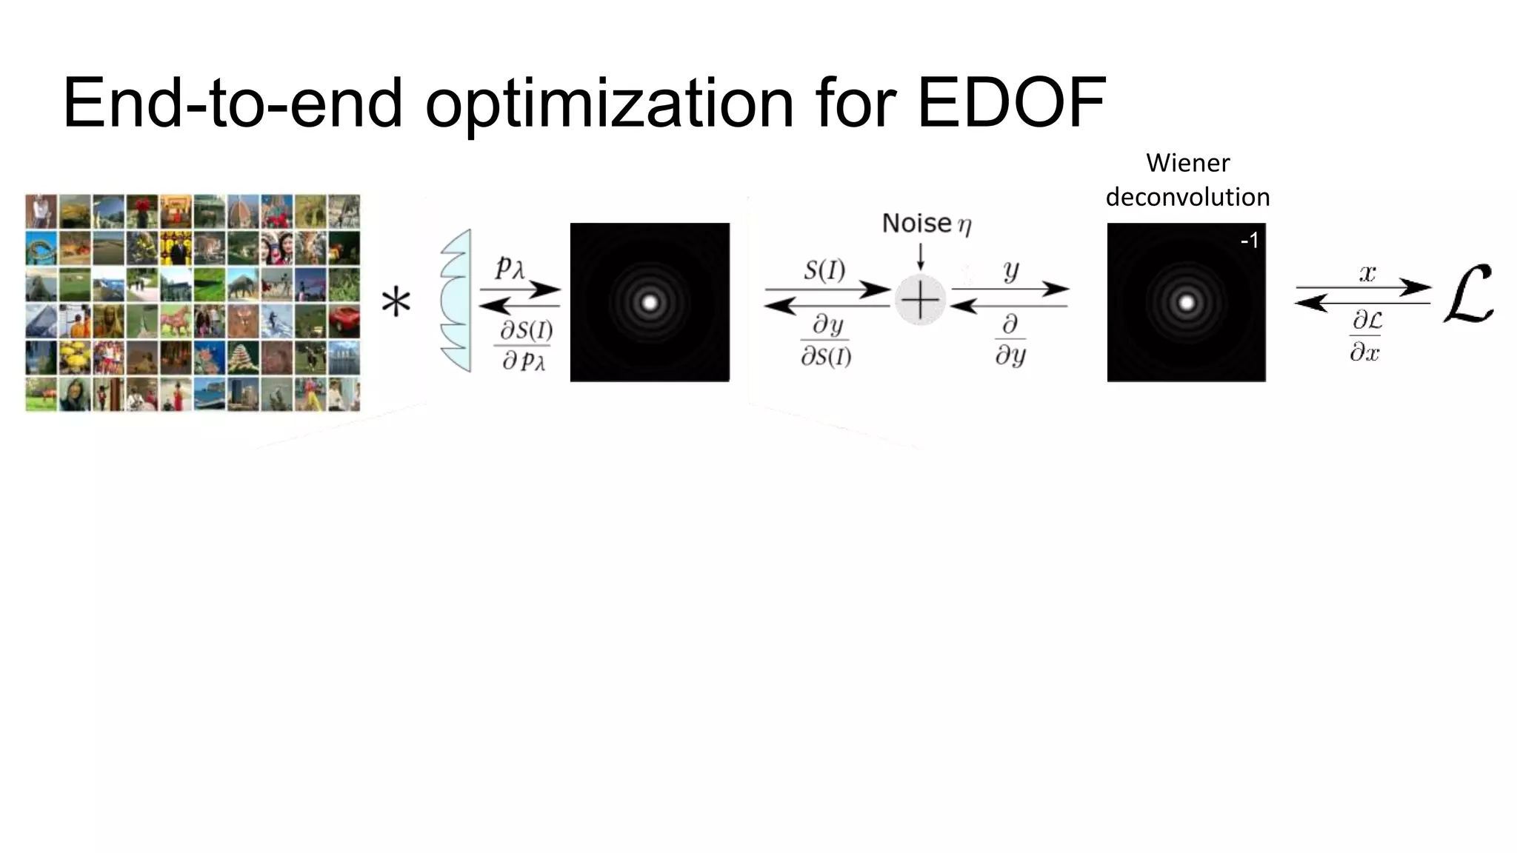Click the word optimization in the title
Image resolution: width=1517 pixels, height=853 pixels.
click(609, 104)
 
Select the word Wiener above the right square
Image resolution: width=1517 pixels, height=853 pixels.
click(1187, 163)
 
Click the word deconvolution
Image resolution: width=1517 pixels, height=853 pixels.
click(1187, 197)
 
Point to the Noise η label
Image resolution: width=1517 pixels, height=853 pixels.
click(926, 224)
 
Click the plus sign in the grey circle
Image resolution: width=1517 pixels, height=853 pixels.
click(920, 301)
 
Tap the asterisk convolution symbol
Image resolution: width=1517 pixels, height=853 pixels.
click(396, 303)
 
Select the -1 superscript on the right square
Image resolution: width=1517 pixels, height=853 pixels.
click(1249, 241)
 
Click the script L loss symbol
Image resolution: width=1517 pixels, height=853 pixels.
click(1469, 295)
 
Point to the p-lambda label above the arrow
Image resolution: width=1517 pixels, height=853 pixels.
click(510, 267)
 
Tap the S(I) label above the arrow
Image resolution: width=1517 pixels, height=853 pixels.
click(824, 270)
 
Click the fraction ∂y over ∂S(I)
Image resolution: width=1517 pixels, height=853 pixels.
click(825, 341)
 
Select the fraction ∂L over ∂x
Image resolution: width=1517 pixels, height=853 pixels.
click(1366, 336)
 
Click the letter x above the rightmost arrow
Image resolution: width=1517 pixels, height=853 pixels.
click(1367, 273)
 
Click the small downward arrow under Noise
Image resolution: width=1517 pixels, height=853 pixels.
click(920, 256)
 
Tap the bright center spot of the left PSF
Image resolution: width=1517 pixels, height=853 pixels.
click(650, 302)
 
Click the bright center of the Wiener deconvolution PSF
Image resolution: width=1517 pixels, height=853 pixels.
click(1186, 302)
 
